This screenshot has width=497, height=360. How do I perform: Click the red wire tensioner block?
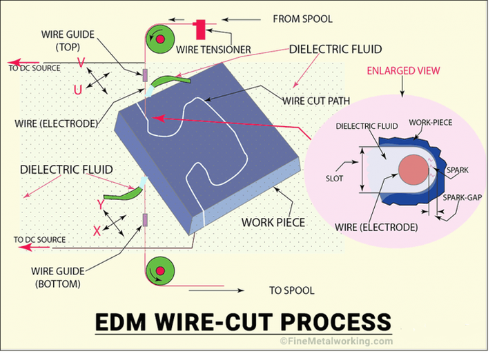click(200, 30)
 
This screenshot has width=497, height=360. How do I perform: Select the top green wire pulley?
click(161, 39)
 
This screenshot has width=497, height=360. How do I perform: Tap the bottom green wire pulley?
click(161, 270)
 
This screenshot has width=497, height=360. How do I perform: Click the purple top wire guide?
click(145, 75)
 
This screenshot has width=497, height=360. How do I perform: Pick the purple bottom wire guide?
click(145, 220)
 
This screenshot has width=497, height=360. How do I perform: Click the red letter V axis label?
click(81, 63)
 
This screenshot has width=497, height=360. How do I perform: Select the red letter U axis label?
click(77, 90)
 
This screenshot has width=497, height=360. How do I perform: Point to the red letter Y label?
click(101, 205)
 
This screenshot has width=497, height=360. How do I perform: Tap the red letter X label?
click(97, 231)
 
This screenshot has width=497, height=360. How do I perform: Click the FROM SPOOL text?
click(303, 19)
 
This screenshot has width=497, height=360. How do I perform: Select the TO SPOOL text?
click(291, 290)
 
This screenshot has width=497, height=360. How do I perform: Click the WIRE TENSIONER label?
click(213, 50)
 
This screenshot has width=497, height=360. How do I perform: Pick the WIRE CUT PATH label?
click(316, 101)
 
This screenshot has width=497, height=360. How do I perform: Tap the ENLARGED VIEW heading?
click(403, 70)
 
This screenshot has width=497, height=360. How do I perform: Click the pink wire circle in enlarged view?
click(413, 170)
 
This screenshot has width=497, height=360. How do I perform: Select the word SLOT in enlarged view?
click(334, 179)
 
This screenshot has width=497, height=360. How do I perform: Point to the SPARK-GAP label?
click(462, 197)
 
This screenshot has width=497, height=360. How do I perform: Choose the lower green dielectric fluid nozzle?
click(123, 194)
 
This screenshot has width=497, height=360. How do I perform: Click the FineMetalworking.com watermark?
click(336, 341)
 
